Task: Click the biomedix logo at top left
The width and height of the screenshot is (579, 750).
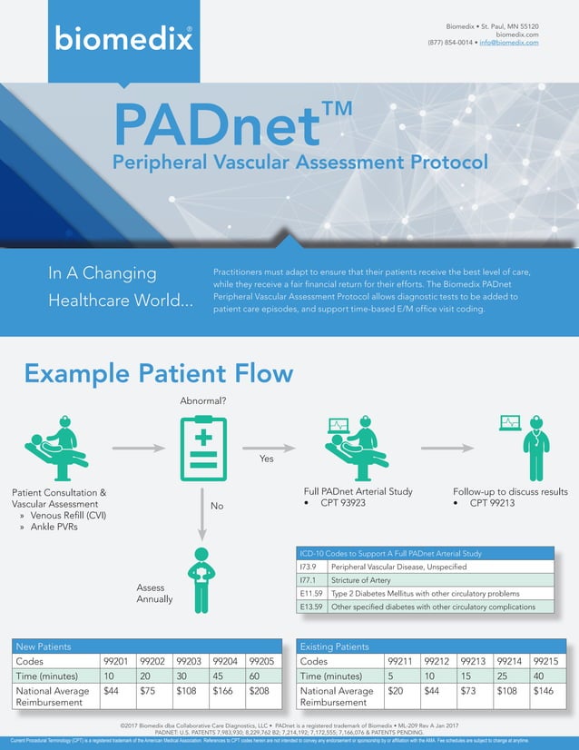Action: [123, 38]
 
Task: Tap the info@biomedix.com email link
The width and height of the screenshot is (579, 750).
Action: [509, 43]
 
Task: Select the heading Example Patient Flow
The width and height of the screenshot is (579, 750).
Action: [159, 373]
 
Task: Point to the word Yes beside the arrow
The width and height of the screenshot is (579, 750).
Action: [267, 459]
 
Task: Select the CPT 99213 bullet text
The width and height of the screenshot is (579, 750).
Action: [493, 503]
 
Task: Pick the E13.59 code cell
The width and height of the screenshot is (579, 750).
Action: [311, 607]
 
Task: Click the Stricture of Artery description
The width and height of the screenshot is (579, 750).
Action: [361, 579]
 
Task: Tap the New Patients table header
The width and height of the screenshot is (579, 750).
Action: [43, 646]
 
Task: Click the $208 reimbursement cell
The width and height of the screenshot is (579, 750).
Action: [259, 691]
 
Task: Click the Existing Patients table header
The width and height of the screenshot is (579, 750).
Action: [334, 646]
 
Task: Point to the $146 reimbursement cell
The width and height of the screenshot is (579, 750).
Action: [545, 691]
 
